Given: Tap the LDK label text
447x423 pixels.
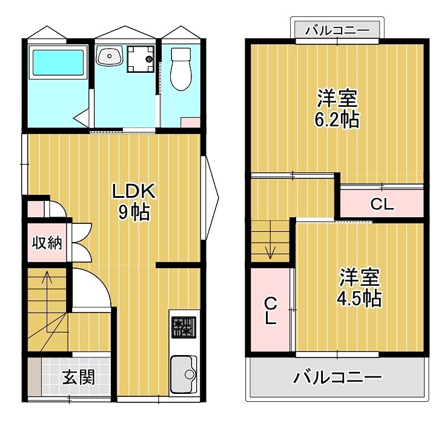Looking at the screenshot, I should (134, 192).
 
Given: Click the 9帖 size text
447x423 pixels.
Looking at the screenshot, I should (134, 213).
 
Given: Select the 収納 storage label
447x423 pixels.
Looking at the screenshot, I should (47, 243).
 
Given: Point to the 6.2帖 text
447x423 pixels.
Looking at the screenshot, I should (336, 119).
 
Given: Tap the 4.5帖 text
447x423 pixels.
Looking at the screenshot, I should (359, 297).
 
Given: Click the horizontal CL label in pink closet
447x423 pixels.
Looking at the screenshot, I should (382, 205).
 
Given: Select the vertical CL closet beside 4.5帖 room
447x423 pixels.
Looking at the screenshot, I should (270, 310).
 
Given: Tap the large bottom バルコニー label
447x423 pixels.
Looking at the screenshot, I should (337, 377).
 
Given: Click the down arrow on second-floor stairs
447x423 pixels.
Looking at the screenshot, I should (270, 249).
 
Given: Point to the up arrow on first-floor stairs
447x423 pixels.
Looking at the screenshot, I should (47, 283).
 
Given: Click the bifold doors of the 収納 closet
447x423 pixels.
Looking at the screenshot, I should (80, 243).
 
